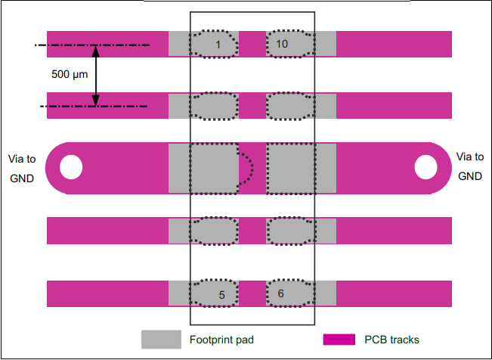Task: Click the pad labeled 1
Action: click(214, 44)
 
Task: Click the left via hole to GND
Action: click(71, 167)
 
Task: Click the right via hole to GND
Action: click(425, 167)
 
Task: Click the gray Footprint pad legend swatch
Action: click(161, 340)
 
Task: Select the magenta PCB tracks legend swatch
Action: click(340, 340)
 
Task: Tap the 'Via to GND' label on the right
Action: click(470, 166)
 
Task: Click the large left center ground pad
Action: click(214, 168)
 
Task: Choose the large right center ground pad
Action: click(290, 168)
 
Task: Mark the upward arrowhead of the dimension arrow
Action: click(96, 51)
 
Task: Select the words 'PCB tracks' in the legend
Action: click(391, 340)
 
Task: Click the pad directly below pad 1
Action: click(214, 106)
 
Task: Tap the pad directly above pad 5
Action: click(214, 231)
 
